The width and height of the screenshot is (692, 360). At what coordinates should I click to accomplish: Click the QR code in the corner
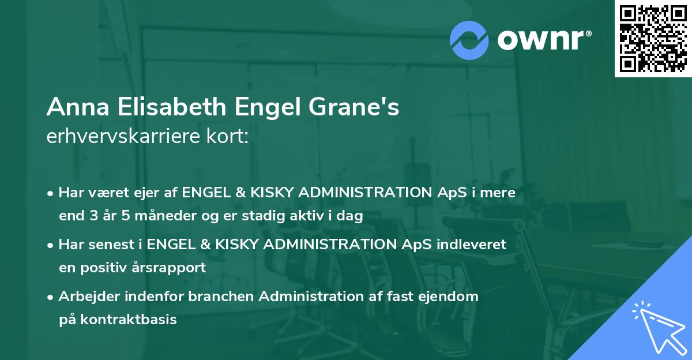pyautogui.click(x=653, y=38)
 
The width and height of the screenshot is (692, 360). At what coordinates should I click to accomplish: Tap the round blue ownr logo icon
pyautogui.click(x=469, y=40)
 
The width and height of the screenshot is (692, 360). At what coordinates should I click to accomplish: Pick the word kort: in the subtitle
pyautogui.click(x=229, y=137)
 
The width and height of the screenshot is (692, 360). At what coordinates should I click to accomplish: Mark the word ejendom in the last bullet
pyautogui.click(x=450, y=297)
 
